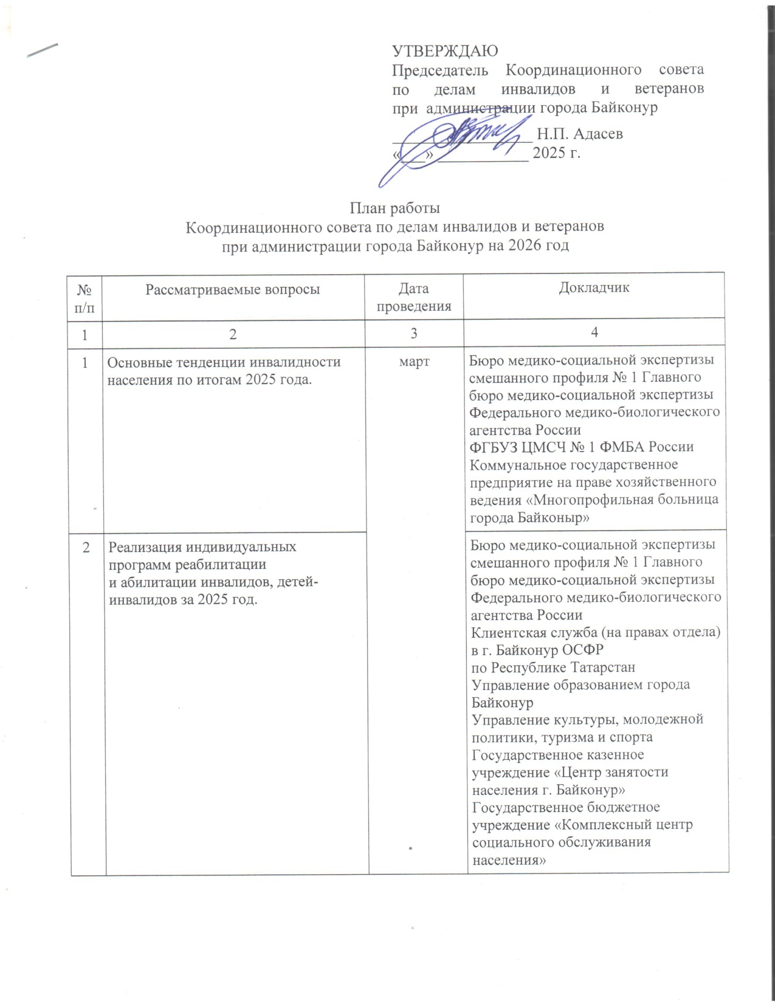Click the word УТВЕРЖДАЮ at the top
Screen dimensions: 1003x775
(x=445, y=50)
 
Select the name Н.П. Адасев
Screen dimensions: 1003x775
(x=580, y=134)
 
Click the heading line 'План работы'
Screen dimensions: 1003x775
(x=394, y=209)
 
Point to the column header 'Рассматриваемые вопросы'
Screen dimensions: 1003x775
(x=233, y=289)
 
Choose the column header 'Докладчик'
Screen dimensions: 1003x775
(x=594, y=288)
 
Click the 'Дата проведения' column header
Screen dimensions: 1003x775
(x=414, y=297)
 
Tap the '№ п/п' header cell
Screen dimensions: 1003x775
(x=85, y=297)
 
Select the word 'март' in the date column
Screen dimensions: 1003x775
(x=414, y=362)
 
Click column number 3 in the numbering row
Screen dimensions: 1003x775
(x=414, y=333)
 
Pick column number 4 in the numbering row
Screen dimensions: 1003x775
(x=594, y=333)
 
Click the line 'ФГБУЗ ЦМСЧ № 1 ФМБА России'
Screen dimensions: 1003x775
(x=581, y=447)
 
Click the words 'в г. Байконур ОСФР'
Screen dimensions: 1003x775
(x=537, y=650)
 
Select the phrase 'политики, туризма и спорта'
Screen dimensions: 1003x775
(x=562, y=737)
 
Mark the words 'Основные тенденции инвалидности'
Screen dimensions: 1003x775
(x=224, y=362)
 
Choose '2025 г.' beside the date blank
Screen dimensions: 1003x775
(x=556, y=153)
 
